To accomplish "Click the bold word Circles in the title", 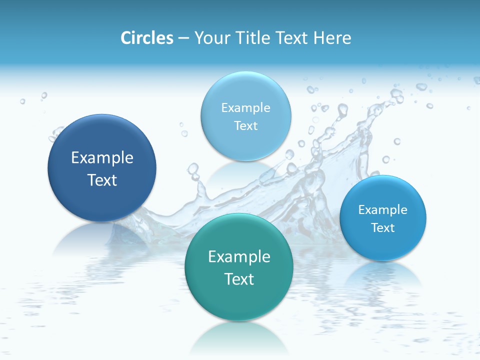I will pyautogui.click(x=146, y=38).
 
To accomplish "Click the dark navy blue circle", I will pyautogui.click(x=102, y=168).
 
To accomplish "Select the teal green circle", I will pyautogui.click(x=239, y=267).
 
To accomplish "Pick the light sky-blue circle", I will pyautogui.click(x=245, y=116).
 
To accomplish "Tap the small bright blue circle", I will pyautogui.click(x=383, y=218).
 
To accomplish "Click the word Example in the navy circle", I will pyautogui.click(x=102, y=158).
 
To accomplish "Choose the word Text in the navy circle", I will pyautogui.click(x=102, y=180).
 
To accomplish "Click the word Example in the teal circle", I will pyautogui.click(x=239, y=257).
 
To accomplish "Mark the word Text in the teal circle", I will pyautogui.click(x=239, y=279).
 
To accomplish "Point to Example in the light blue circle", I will pyautogui.click(x=245, y=107).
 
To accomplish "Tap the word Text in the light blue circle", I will pyautogui.click(x=245, y=125).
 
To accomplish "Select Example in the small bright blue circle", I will pyautogui.click(x=383, y=209).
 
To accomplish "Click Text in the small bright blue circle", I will pyautogui.click(x=383, y=228).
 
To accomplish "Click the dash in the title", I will pyautogui.click(x=183, y=38).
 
